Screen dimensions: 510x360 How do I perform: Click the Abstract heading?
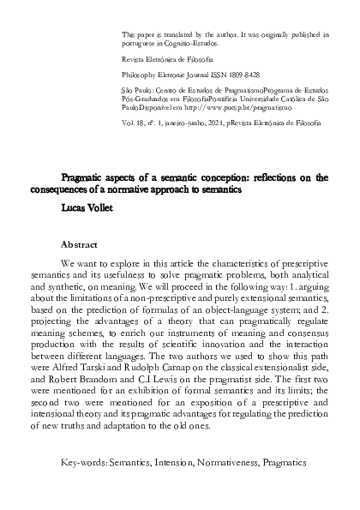[x=84, y=243]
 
